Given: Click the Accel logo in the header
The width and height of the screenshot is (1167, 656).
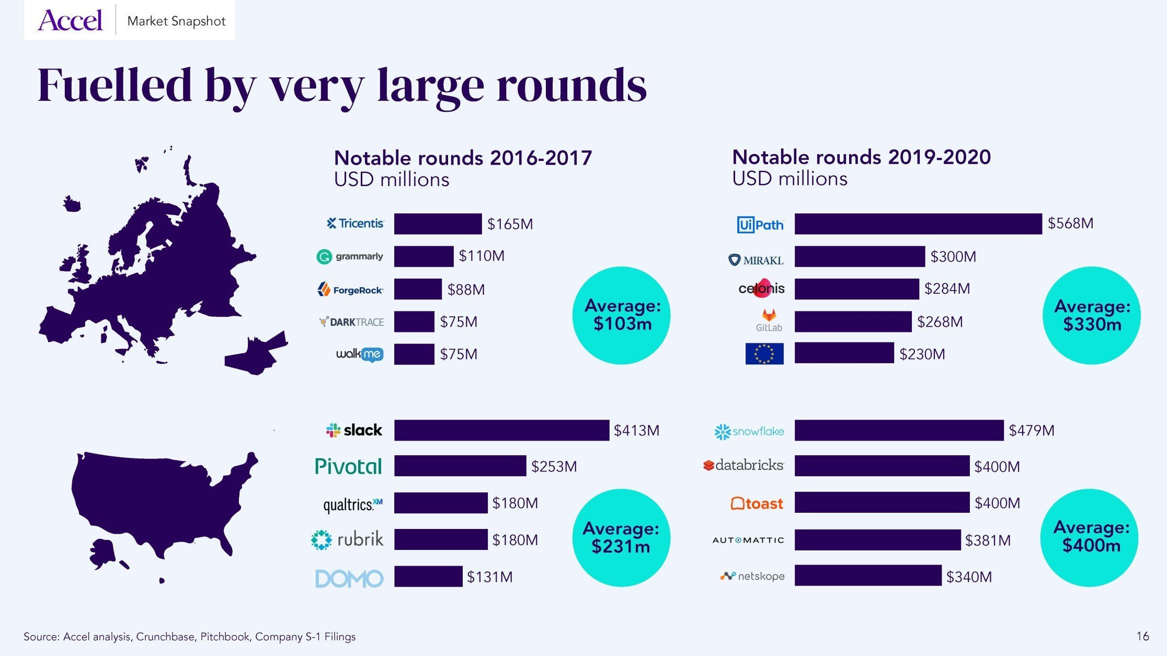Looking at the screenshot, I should (70, 20).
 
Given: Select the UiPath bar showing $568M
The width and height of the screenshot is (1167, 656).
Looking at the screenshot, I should (918, 224).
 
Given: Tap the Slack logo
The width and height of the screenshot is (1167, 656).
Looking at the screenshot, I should (354, 430).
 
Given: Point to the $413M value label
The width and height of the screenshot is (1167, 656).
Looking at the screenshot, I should (636, 431).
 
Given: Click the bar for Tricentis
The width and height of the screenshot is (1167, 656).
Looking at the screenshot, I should (438, 224).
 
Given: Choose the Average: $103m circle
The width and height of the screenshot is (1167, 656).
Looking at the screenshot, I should (621, 315).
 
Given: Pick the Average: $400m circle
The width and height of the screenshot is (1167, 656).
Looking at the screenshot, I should (1090, 537).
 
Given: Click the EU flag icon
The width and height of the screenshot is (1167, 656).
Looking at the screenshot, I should (764, 354).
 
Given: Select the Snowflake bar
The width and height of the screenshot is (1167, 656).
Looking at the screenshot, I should (899, 430).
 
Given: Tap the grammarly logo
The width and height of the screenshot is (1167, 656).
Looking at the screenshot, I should (350, 257).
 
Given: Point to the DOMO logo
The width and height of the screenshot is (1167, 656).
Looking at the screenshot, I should (349, 578).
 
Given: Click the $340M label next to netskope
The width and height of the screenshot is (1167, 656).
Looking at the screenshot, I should (969, 577).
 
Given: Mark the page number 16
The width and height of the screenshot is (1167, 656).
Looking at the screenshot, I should (1142, 636).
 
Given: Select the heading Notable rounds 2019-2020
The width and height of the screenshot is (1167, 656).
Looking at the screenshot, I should (861, 157).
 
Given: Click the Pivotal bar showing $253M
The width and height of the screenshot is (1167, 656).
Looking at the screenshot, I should (460, 466).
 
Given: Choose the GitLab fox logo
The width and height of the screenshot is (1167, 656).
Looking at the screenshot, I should (769, 315).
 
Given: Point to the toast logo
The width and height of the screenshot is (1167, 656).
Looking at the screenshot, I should (757, 503).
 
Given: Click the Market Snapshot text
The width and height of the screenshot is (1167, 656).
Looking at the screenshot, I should (176, 21).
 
